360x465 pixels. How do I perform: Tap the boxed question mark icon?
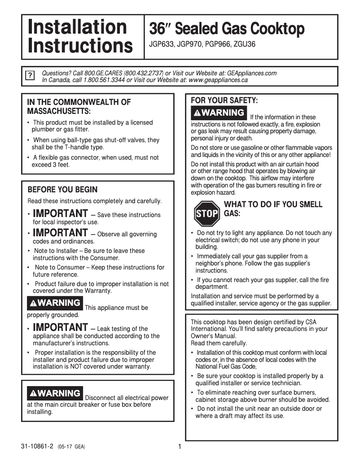30,75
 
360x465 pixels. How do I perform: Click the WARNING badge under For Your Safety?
219,113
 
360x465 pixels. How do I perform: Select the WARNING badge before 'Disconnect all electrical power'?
55,393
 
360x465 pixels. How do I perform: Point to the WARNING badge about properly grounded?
55,303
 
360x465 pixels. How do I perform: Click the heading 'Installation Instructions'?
80,37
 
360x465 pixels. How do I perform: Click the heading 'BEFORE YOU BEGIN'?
62,190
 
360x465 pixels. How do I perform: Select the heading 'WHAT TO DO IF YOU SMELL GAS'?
272,209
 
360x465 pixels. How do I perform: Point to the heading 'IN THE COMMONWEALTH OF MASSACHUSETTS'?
79,106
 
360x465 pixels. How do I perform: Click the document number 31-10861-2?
37,447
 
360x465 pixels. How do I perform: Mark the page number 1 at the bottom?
180,447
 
